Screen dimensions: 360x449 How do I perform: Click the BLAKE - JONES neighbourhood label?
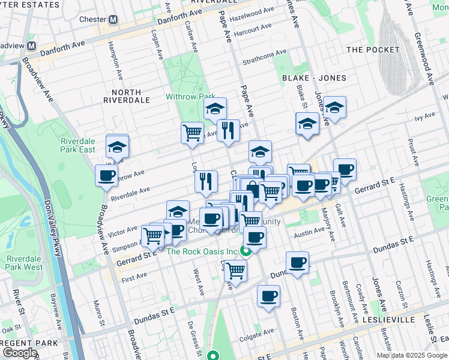click(x=314, y=78)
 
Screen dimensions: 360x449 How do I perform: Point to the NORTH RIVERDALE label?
click(x=126, y=97)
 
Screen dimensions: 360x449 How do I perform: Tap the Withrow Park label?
click(x=190, y=97)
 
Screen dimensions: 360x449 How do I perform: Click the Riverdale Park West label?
click(x=25, y=263)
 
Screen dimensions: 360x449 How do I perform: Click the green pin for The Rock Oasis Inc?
click(x=245, y=251)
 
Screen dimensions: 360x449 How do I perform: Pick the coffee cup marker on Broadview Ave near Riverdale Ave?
click(x=107, y=176)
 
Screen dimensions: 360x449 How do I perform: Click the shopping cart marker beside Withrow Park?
click(x=192, y=133)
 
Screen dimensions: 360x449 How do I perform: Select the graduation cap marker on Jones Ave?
click(x=335, y=108)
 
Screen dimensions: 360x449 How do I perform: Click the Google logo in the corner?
click(x=19, y=353)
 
